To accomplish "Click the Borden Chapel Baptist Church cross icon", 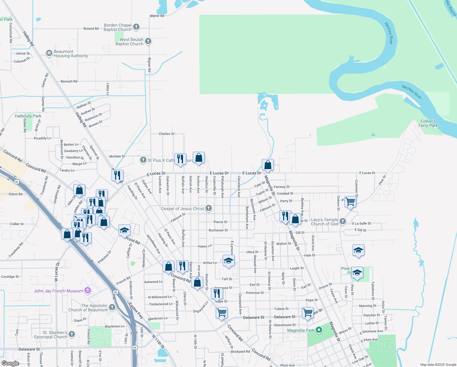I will pyautogui.click(x=136, y=27).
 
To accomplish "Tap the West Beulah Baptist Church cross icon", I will pyautogui.click(x=148, y=41).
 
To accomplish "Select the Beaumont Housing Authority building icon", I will pyautogui.click(x=49, y=54).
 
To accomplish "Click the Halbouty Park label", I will pyautogui.click(x=28, y=116).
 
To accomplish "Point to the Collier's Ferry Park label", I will pyautogui.click(x=428, y=123).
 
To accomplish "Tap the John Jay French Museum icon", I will pyautogui.click(x=88, y=291).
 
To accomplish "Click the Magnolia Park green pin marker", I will pyautogui.click(x=319, y=330).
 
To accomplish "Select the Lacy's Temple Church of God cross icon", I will pyautogui.click(x=343, y=221).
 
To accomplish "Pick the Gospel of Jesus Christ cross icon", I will pyautogui.click(x=209, y=208).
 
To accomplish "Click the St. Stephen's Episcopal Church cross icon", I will pyautogui.click(x=72, y=334).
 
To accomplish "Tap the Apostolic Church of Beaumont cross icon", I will pyautogui.click(x=112, y=307).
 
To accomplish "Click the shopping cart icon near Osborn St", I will pyautogui.click(x=350, y=202).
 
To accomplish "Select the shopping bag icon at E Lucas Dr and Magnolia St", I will pyautogui.click(x=268, y=165).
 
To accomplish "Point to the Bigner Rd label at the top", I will pyautogui.click(x=157, y=16).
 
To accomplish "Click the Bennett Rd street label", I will pyautogui.click(x=69, y=81).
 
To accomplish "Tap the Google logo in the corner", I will pyautogui.click(x=10, y=363).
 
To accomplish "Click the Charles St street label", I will pyautogui.click(x=166, y=134).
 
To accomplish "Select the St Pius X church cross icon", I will pyautogui.click(x=143, y=160).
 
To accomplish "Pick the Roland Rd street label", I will pyautogui.click(x=91, y=28).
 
